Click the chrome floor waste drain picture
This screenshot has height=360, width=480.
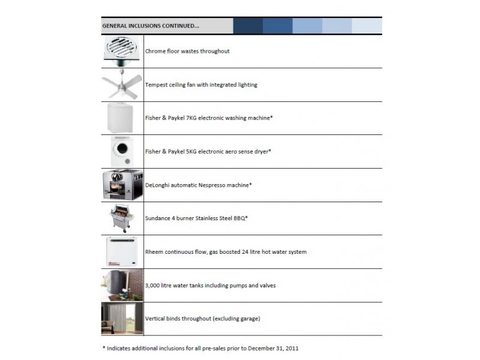122,51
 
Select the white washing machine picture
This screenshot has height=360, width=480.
121,118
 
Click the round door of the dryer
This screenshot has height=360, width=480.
122,148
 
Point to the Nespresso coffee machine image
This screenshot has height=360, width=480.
122,185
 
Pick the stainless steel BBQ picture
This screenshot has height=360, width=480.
122,218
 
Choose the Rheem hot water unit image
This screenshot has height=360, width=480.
122,251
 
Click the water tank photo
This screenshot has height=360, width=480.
122,285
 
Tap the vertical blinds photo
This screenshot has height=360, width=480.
122,319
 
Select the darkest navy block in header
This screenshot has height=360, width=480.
248,26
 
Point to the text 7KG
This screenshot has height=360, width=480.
191,118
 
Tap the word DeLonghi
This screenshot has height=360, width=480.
157,185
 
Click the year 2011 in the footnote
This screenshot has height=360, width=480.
292,349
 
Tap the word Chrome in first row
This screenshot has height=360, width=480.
155,51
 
